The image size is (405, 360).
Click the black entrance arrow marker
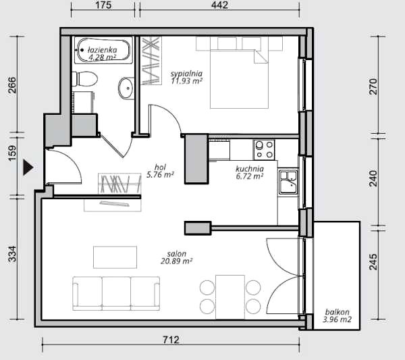(28, 168)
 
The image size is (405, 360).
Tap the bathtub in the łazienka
(103, 50)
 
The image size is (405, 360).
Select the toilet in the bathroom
(85, 79)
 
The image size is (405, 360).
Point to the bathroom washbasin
(126, 88)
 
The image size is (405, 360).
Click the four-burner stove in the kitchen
(264, 150)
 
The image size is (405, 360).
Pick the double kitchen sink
(288, 182)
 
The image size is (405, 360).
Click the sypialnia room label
(186, 74)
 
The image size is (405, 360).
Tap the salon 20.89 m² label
(177, 257)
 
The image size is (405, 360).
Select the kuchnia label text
(250, 169)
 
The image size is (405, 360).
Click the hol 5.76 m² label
(160, 171)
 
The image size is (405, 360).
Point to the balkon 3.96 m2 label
(337, 316)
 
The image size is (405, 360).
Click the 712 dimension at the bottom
(171, 340)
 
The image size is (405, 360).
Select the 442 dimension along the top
(219, 5)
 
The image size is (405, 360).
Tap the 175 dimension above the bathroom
(103, 5)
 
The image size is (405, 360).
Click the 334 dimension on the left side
(12, 255)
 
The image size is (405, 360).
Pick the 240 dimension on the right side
(373, 178)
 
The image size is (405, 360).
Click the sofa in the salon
(116, 293)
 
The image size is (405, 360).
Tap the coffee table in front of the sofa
(115, 257)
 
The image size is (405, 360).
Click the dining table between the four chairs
(230, 297)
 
